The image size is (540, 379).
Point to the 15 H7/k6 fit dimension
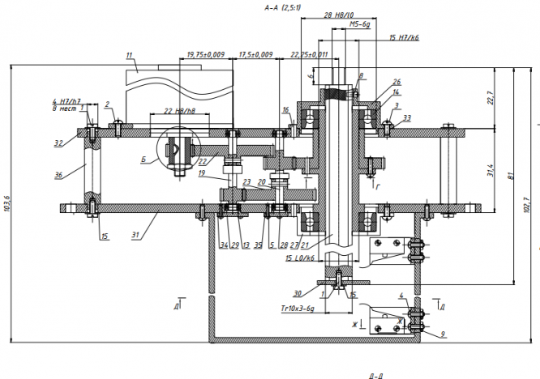[x=404, y=37]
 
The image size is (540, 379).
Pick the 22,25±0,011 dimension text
[x=309, y=54]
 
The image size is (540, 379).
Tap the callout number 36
[x=58, y=174]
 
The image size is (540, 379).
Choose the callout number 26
[x=396, y=82]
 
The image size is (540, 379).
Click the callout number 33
[x=406, y=118]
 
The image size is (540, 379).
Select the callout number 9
[x=443, y=333]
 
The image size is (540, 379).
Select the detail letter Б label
[x=143, y=160]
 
